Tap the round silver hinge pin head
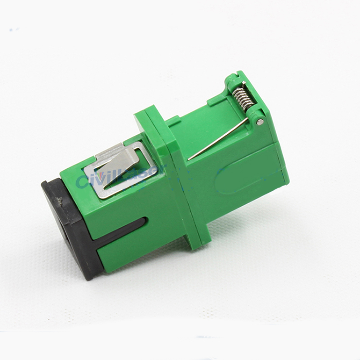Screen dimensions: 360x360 pos(260,122)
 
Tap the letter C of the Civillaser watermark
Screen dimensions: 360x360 pos(82,181)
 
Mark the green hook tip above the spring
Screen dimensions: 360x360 pos(231,79)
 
